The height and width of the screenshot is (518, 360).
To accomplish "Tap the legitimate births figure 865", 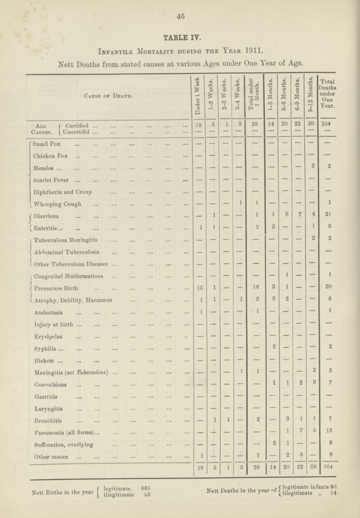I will [x=144, y=503].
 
